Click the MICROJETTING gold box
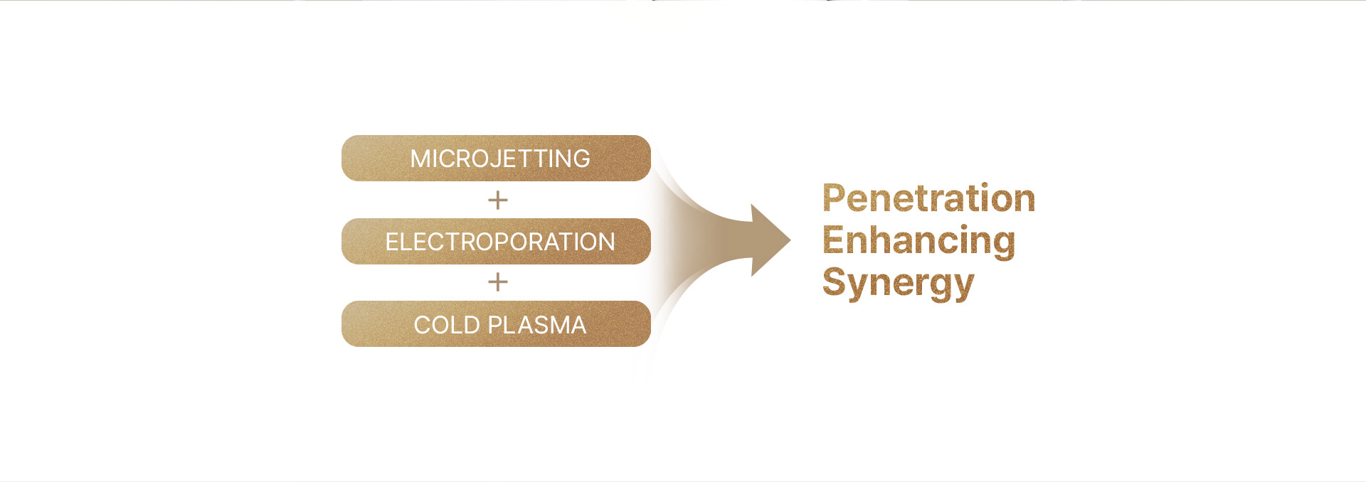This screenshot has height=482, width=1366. [x=496, y=158]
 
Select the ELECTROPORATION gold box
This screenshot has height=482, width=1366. [x=496, y=241]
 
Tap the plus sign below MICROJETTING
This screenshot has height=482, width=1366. [x=498, y=200]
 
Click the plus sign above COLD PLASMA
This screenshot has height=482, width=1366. [x=498, y=282]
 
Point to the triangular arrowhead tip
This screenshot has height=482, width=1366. [x=790, y=240]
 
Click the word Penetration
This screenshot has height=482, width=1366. [x=928, y=198]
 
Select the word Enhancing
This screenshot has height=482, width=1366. [x=919, y=240]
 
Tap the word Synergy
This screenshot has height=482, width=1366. [x=898, y=283]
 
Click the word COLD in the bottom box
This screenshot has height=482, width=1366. [x=447, y=325]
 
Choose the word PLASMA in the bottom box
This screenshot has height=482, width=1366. [x=537, y=325]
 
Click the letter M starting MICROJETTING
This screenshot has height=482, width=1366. [x=420, y=159]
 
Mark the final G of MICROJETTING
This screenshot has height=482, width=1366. [x=581, y=159]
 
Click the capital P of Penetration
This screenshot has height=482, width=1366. [x=835, y=198]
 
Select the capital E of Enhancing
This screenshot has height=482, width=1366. [x=833, y=240]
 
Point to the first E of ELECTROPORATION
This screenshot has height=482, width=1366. [x=392, y=242]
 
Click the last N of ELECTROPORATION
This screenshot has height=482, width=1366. [x=606, y=242]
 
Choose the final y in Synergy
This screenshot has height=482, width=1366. [x=963, y=286]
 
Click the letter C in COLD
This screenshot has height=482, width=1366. [x=423, y=325]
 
